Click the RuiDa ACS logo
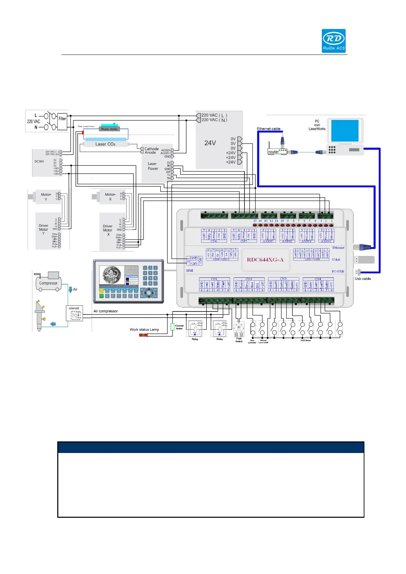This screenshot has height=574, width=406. coord(333,41)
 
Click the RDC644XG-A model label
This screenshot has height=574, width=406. coord(265,260)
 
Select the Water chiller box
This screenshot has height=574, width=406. coord(109,129)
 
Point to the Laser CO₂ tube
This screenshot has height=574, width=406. coord(105,144)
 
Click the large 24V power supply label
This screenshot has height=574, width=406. coord(210,143)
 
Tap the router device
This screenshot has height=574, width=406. coord(277,151)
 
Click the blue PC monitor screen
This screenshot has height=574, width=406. coord(345,131)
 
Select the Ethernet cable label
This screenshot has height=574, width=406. coord(269,129)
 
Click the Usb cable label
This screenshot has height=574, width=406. coord(363,279)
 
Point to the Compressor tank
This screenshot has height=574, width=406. coord(48,283)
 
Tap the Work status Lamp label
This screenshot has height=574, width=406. coord(144,330)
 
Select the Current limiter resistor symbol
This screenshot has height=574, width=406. coord(172,327)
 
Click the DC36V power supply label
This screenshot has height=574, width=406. coord(39,161)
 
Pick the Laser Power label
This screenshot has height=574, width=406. coord(153,166)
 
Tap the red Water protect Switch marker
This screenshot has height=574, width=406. coord(83,132)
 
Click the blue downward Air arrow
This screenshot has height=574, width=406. coord(70,290)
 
